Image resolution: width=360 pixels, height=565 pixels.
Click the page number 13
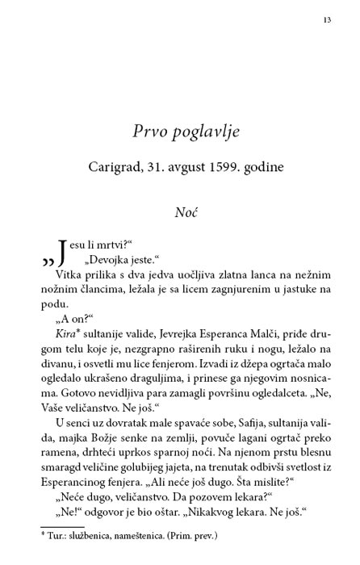[325, 19]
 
